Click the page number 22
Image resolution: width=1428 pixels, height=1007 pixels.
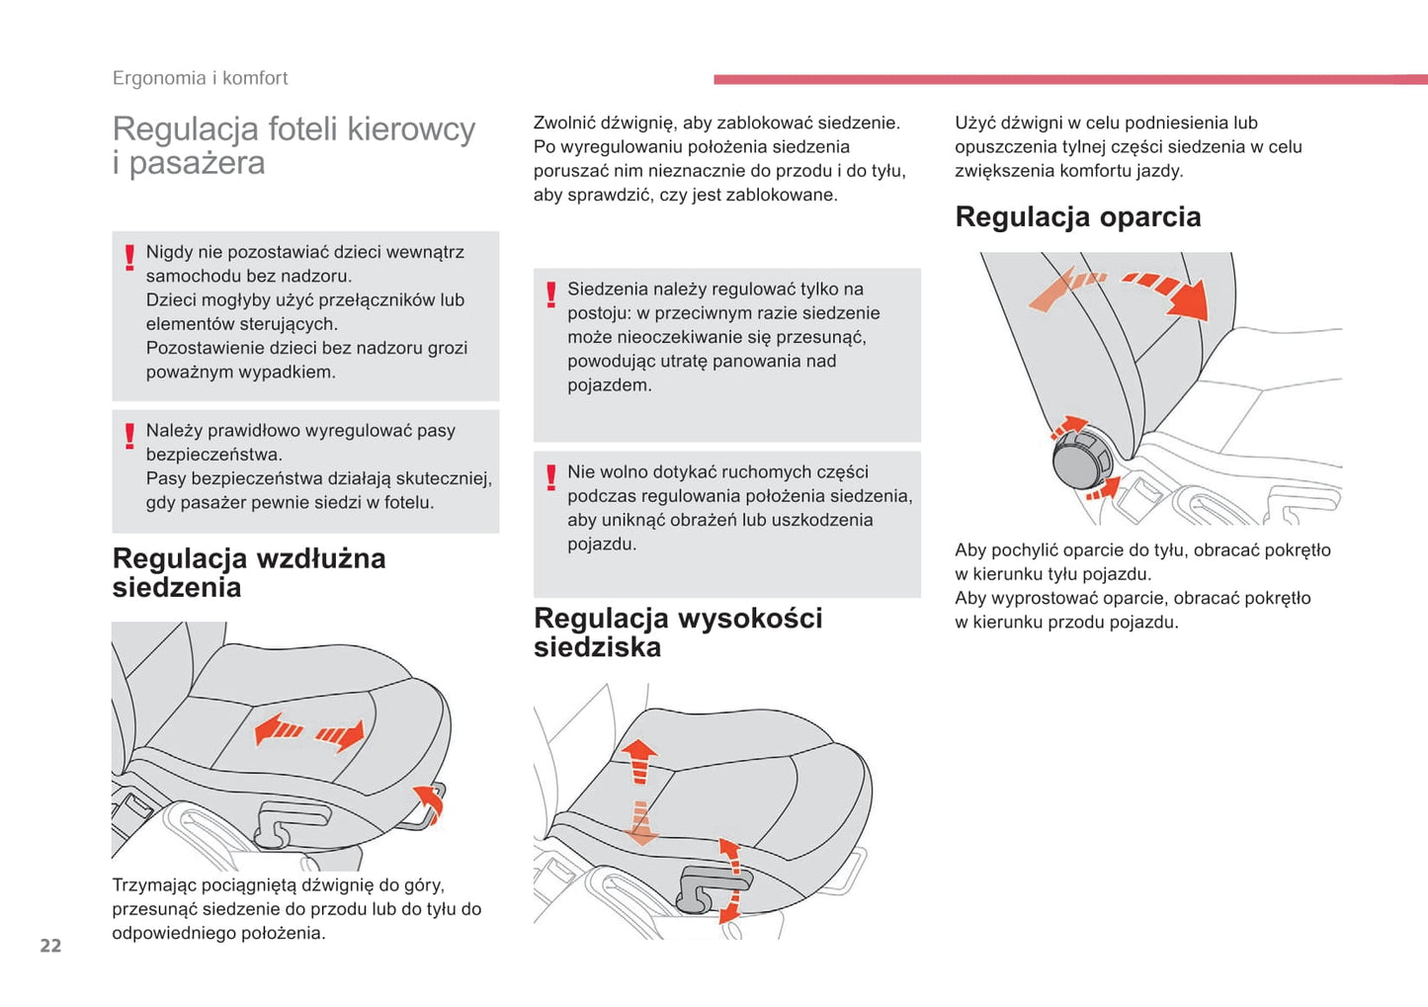pyautogui.click(x=50, y=946)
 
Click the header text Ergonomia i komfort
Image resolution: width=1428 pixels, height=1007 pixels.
pyautogui.click(x=200, y=78)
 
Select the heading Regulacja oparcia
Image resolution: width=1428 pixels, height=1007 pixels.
pyautogui.click(x=1077, y=216)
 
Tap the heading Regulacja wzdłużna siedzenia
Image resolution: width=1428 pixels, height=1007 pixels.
pyautogui.click(x=248, y=572)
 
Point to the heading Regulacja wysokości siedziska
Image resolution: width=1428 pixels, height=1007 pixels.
pyautogui.click(x=677, y=632)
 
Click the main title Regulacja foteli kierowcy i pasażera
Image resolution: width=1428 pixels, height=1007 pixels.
pyautogui.click(x=294, y=145)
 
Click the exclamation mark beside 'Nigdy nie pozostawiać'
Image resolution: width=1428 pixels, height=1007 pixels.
pyautogui.click(x=129, y=258)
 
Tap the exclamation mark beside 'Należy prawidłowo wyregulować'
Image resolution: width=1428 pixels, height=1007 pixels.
pyautogui.click(x=129, y=436)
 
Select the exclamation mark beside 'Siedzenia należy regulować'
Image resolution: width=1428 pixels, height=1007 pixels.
pyautogui.click(x=551, y=294)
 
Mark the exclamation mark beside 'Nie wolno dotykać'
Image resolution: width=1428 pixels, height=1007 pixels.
pyautogui.click(x=551, y=478)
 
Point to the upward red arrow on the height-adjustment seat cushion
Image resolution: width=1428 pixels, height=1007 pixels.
pyautogui.click(x=639, y=759)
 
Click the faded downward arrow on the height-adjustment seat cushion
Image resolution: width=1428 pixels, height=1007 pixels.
pyautogui.click(x=640, y=823)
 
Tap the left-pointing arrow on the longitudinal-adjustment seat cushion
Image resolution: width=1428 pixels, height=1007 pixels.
pyautogui.click(x=278, y=729)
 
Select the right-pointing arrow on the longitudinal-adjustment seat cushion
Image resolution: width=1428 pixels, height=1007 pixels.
pyautogui.click(x=342, y=734)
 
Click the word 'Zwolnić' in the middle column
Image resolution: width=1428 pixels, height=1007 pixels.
pyautogui.click(x=563, y=124)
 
